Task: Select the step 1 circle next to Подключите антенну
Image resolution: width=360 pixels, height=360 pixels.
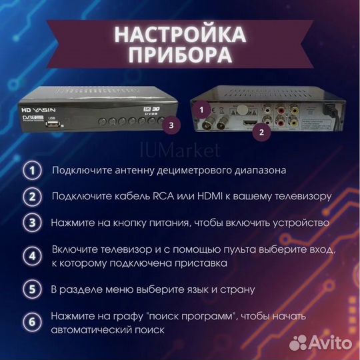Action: click(31, 170)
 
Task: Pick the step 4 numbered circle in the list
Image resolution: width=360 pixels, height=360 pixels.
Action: click(31, 256)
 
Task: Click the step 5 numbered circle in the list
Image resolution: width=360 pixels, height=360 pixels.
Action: click(31, 290)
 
